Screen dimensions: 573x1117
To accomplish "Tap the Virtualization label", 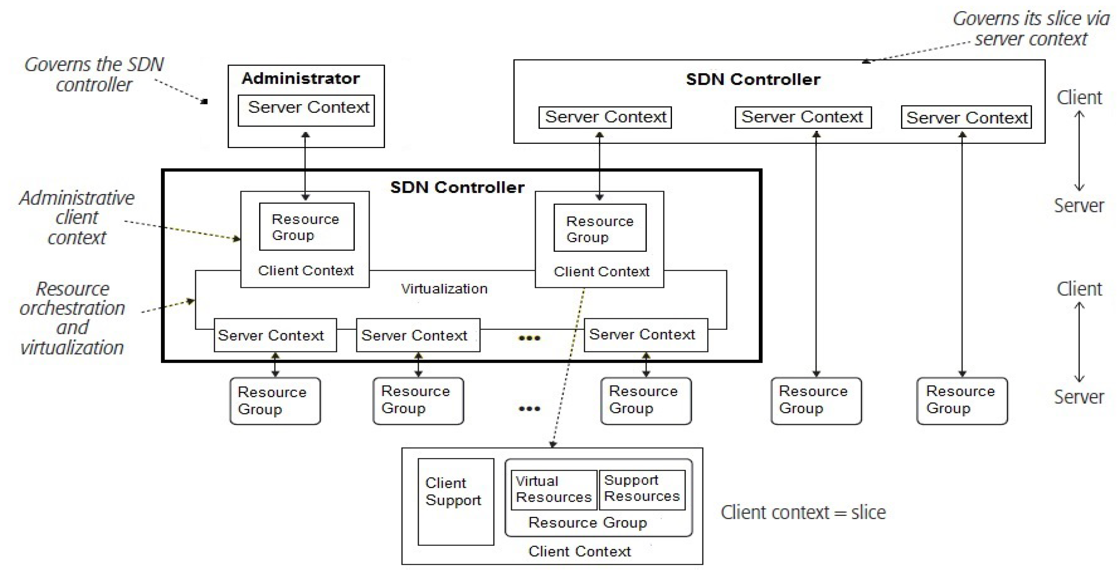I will click(444, 289).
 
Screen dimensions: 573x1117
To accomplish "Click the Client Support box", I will click(455, 501).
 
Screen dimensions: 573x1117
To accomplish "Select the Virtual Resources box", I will click(554, 490).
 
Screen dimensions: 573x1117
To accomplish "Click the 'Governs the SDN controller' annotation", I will click(94, 74).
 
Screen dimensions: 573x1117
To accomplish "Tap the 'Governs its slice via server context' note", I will click(1031, 29).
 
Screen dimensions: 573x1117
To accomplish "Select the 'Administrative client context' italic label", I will click(77, 217).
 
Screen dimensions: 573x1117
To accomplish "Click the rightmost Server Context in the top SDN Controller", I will click(966, 117).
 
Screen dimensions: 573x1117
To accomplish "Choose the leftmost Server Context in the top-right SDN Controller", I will click(605, 117).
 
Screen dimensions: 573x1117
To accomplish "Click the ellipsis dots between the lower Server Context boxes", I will click(529, 338).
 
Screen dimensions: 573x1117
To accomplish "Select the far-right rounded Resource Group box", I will click(962, 400).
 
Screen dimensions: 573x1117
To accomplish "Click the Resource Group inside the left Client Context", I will click(307, 227).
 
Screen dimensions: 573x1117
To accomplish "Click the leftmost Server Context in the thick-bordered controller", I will click(275, 335).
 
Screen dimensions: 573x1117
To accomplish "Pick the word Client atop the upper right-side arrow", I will click(1079, 98).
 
